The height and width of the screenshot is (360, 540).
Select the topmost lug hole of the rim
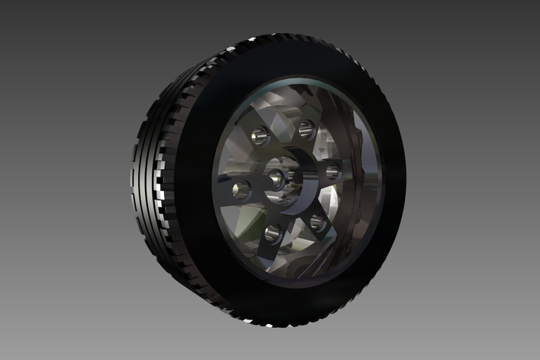306,129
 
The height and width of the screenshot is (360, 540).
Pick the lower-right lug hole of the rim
316,223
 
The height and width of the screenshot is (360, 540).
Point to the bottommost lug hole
272,232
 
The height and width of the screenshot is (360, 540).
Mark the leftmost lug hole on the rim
241,189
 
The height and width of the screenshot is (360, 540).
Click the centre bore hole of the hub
275,180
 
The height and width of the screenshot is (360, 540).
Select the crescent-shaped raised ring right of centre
301,184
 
